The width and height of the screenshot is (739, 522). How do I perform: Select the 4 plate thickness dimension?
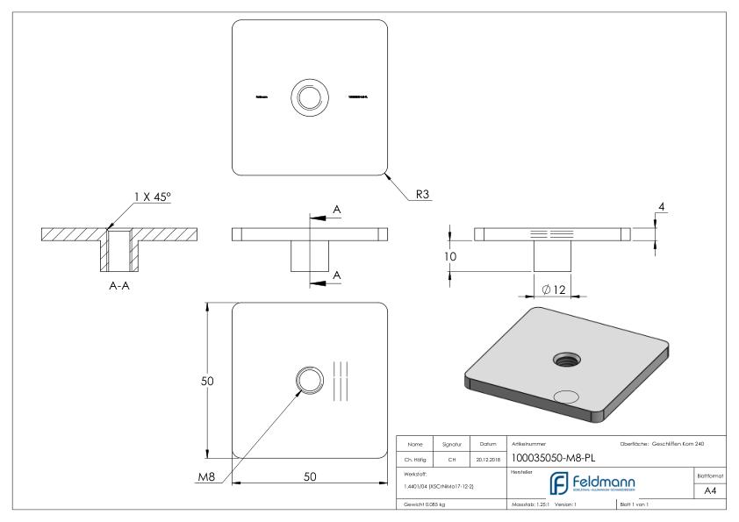663,207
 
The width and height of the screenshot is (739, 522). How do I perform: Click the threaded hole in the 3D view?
563,358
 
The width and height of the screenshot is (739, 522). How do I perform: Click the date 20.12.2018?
488,459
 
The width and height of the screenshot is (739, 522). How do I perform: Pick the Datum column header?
488,443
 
